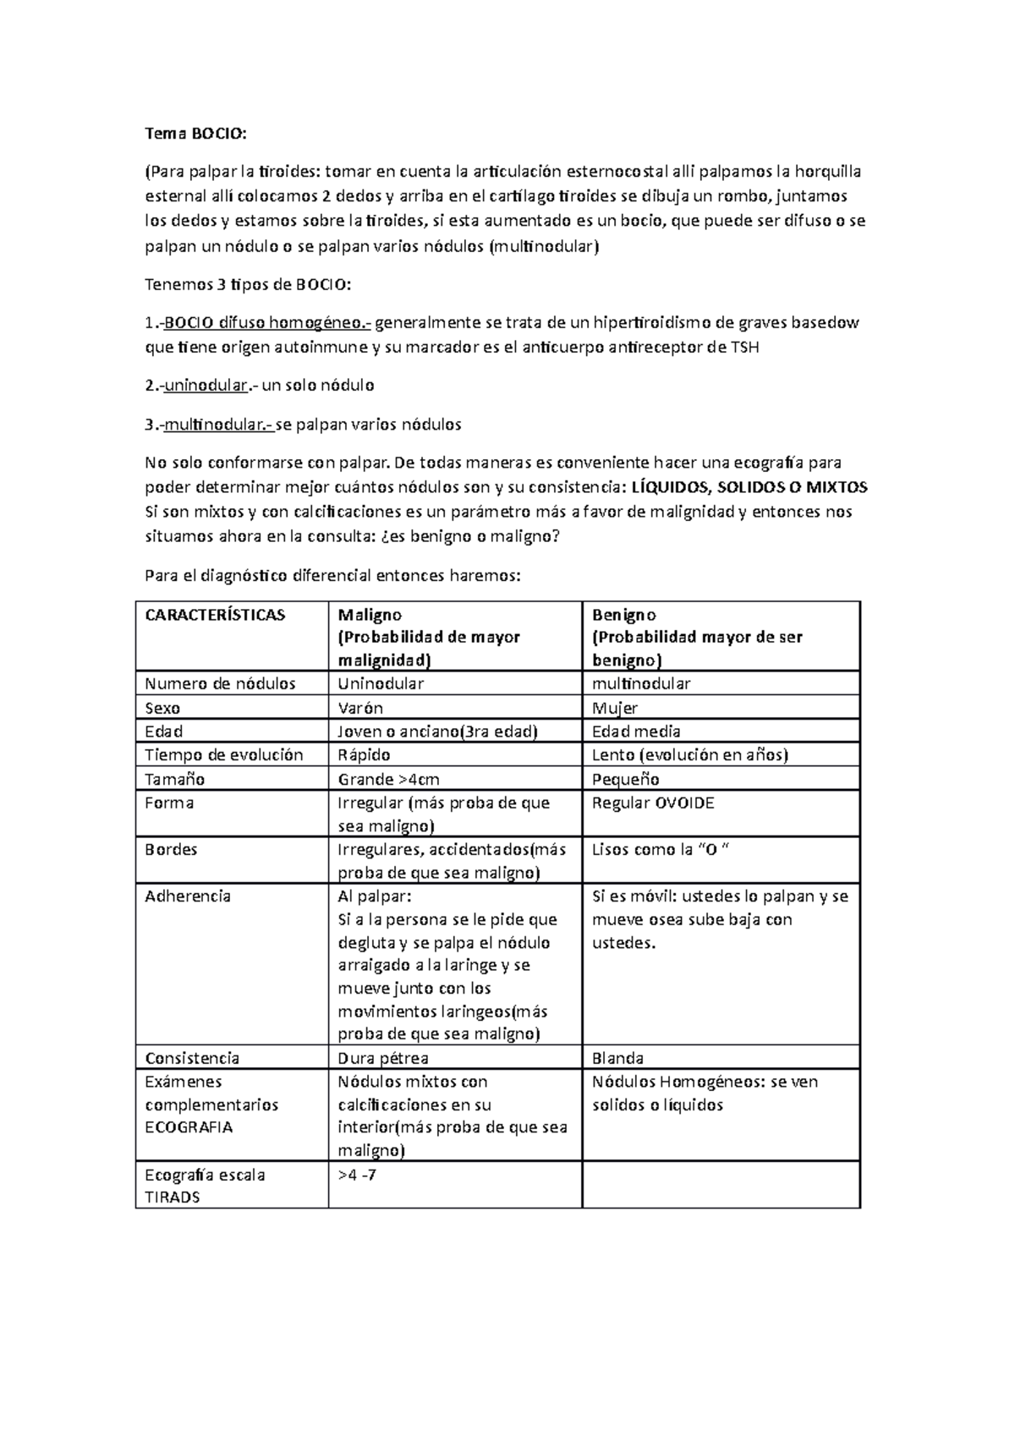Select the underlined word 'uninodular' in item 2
pos(206,386)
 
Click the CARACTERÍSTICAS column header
pos(215,615)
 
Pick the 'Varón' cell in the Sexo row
pos(360,708)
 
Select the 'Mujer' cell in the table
pos(615,708)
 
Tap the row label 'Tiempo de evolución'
pos(223,755)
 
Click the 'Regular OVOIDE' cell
pos(653,803)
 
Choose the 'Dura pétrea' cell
pos(383,1058)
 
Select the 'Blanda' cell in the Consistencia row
pos(617,1058)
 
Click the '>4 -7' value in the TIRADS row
pos(357,1175)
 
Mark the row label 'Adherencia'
pos(188,896)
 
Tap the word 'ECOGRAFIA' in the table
pos(189,1127)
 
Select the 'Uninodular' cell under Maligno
pos(381,683)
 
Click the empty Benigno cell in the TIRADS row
pos(721,1185)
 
